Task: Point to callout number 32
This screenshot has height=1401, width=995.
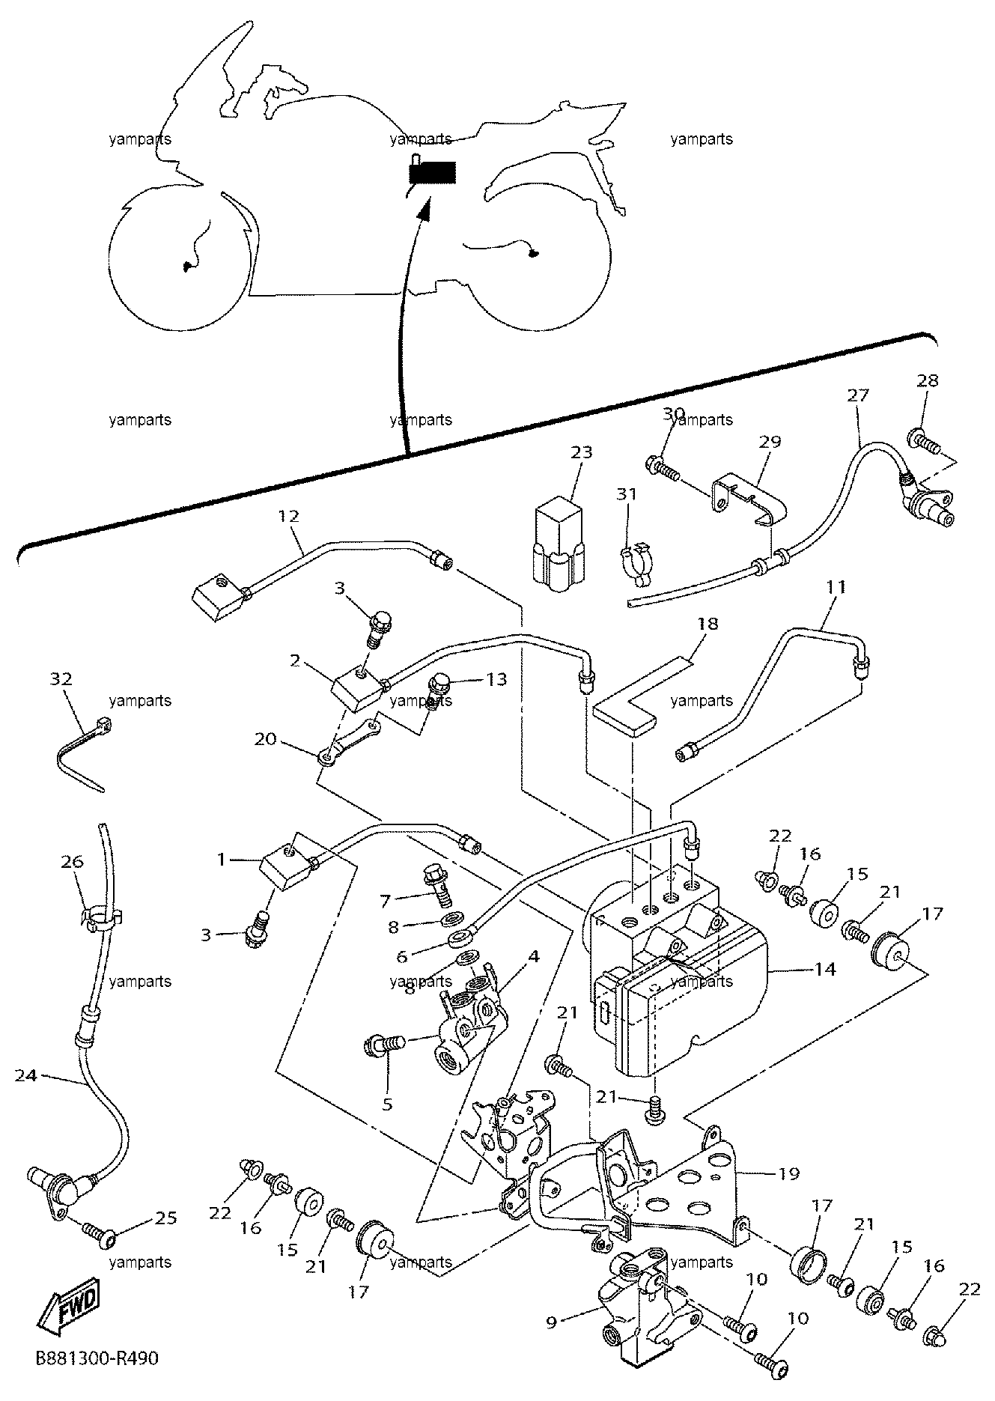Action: (x=61, y=678)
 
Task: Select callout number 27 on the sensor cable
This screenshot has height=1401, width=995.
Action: (x=858, y=395)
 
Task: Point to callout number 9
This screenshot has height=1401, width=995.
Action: (x=551, y=1322)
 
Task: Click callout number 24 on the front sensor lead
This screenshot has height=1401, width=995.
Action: (x=25, y=1075)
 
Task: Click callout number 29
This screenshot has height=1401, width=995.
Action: (x=770, y=441)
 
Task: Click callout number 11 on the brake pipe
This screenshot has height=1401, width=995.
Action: (x=836, y=586)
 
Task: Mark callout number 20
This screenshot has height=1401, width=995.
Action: (x=265, y=739)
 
